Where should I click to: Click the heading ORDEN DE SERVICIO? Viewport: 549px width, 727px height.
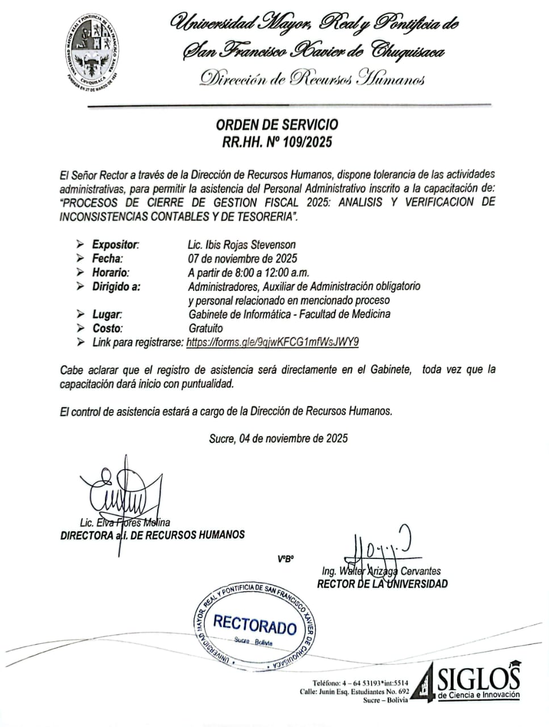point(276,124)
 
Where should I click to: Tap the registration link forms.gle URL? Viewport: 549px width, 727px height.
point(273,342)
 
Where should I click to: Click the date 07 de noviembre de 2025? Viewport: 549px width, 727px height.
point(243,258)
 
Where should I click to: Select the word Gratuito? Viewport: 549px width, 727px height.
point(206,328)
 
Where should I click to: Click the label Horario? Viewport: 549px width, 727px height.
point(110,273)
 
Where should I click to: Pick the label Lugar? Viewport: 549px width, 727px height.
point(107,314)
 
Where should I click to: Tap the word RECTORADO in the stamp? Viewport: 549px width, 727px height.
point(255,625)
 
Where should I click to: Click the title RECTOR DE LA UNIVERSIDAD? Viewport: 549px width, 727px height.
point(382,584)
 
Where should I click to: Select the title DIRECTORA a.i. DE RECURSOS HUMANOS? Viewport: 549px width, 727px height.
point(152,535)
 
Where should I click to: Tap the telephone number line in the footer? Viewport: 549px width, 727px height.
point(360,683)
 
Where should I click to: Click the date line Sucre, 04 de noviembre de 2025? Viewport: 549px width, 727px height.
point(278,438)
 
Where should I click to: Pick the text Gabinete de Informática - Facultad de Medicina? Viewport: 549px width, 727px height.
point(289,314)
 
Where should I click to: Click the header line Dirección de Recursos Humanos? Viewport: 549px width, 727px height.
point(312,78)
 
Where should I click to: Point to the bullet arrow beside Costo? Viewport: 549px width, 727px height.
point(80,328)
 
